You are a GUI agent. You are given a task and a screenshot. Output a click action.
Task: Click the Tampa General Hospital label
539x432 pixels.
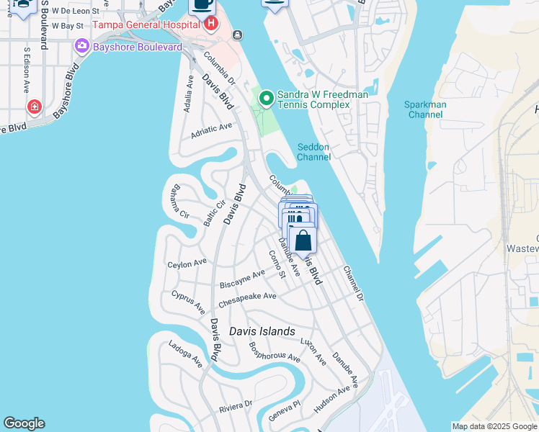point(145,25)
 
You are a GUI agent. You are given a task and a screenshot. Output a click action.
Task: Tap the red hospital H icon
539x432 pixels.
point(211,24)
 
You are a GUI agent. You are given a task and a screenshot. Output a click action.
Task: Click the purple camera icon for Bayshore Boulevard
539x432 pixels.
point(81,47)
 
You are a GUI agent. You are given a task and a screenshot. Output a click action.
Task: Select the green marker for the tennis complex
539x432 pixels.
point(266,97)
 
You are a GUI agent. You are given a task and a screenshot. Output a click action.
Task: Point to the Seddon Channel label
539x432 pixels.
point(313,152)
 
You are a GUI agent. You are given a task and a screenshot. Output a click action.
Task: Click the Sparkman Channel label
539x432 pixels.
point(425,109)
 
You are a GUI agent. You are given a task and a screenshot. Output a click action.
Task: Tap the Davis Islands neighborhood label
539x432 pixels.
point(262,331)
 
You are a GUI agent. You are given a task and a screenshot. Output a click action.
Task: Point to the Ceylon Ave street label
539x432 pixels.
point(187,264)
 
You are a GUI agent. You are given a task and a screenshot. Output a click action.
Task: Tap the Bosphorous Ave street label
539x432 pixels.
point(275,352)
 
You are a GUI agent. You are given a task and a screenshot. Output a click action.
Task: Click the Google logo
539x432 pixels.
point(24,423)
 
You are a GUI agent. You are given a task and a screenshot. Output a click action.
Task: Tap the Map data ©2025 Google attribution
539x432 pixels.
point(494,426)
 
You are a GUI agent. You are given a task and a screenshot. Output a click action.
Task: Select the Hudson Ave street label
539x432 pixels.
point(332,397)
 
